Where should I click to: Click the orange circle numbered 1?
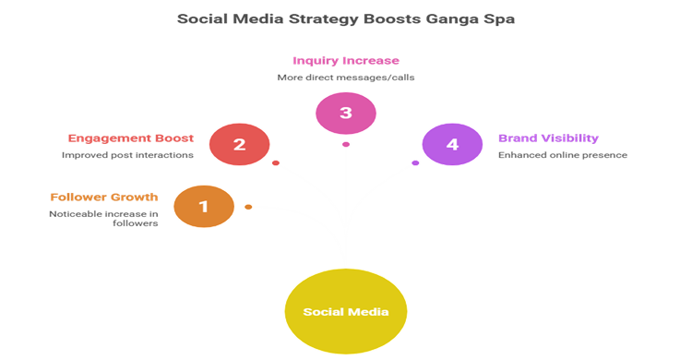(204, 206)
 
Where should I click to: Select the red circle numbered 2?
(239, 144)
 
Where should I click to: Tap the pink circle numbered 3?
(345, 113)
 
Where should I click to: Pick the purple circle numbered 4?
(451, 144)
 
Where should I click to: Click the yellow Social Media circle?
(345, 311)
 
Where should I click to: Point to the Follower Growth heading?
(104, 197)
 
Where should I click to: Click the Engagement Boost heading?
(130, 138)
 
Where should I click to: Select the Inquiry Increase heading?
(345, 61)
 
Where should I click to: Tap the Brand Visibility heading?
(548, 138)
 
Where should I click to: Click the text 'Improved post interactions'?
(127, 155)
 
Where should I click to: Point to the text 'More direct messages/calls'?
(345, 78)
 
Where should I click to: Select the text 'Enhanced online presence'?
(563, 155)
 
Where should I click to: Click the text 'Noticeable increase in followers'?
(103, 219)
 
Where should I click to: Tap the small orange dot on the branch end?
(248, 206)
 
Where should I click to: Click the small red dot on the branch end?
(275, 163)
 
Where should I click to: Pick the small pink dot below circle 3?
(345, 144)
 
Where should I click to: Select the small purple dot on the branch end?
(415, 163)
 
